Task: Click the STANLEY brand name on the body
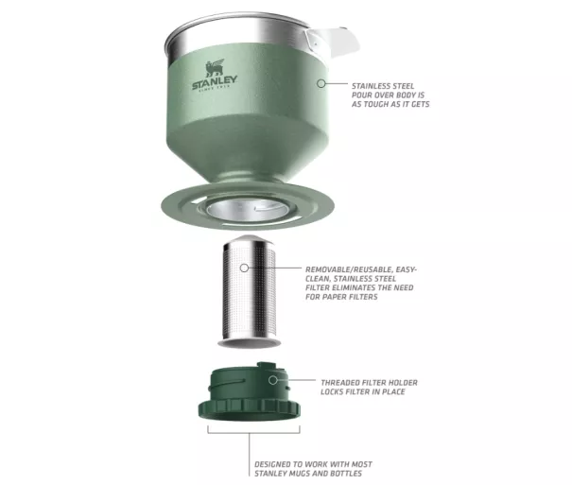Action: (x=215, y=82)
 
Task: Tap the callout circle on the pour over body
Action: (x=321, y=83)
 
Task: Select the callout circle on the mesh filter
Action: (x=244, y=268)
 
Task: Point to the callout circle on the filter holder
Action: (x=272, y=380)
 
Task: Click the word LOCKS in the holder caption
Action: (x=333, y=392)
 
